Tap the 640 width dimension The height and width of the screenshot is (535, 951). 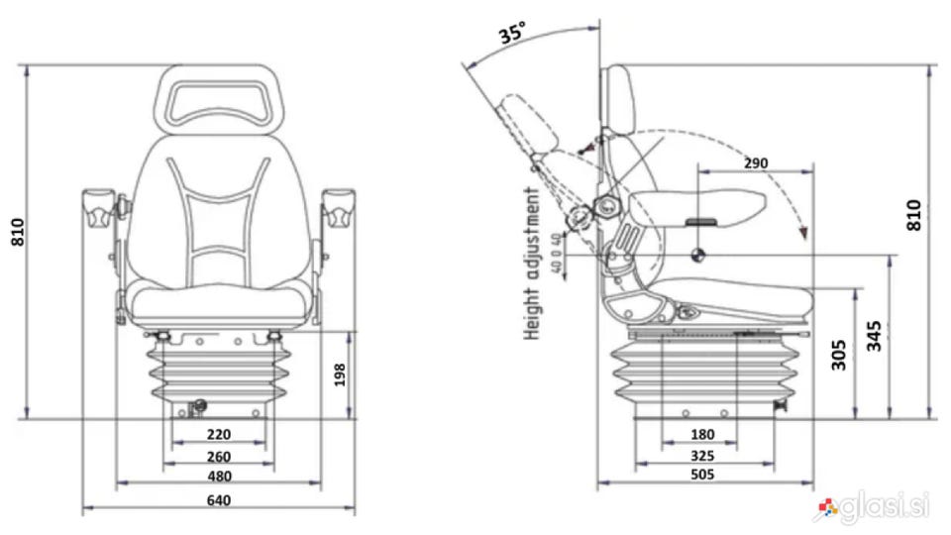(219, 500)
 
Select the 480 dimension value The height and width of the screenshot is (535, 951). (219, 476)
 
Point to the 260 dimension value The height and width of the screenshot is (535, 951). (219, 456)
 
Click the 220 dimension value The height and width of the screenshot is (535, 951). (219, 433)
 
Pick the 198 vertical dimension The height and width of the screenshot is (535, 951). (342, 374)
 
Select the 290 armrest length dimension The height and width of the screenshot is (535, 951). (755, 161)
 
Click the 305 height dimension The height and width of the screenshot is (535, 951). (838, 354)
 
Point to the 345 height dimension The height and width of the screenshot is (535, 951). (873, 336)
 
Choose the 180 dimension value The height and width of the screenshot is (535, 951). (701, 435)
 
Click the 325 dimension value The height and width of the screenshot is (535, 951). (701, 456)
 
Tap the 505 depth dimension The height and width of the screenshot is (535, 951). (701, 476)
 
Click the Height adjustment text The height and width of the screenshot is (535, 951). (533, 264)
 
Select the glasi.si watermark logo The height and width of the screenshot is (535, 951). (873, 508)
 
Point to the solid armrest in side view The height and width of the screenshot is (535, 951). (699, 205)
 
